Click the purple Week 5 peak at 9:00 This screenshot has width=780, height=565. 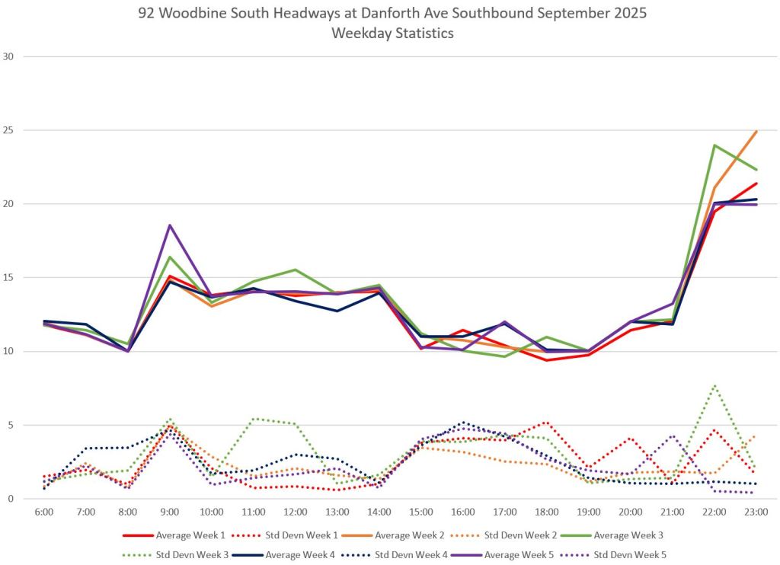click(x=170, y=225)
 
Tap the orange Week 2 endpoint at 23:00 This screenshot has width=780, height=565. click(x=756, y=132)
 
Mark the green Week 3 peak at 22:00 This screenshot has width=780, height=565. click(x=714, y=145)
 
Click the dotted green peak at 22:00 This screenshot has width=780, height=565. click(x=714, y=385)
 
